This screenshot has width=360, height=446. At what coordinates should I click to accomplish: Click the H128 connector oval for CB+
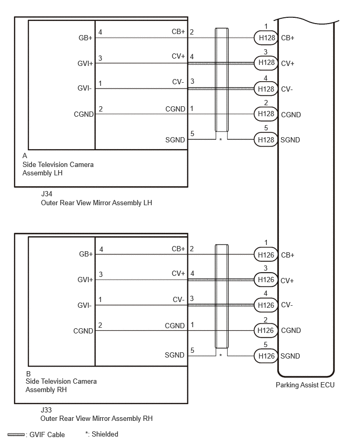pos(266,38)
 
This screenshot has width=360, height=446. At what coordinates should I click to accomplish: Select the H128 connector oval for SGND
pos(266,140)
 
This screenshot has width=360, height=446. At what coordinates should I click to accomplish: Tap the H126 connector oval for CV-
pos(266,305)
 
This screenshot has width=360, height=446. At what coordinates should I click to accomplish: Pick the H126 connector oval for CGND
pos(266,330)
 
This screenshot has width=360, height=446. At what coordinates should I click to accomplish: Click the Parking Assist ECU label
pos(305,385)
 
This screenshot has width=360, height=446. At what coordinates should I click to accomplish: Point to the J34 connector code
pos(47,194)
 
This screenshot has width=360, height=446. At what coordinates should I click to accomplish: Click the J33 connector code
pos(46,410)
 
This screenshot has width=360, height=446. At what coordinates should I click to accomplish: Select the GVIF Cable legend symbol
pos(16,434)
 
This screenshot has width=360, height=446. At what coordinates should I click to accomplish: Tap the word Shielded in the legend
pos(105,434)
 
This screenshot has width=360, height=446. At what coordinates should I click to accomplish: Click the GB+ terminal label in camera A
pos(85,38)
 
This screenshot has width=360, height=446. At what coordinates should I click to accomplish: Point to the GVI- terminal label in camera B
pos(84,305)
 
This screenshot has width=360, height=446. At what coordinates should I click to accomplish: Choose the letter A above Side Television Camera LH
pos(25,155)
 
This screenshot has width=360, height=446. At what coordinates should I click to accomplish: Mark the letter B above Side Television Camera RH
pos(28,374)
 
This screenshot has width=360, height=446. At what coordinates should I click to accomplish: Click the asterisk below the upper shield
pos(221,140)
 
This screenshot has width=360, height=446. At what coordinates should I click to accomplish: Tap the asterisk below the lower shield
pos(221,355)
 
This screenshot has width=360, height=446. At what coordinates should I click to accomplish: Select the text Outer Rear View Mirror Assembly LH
pos(96,203)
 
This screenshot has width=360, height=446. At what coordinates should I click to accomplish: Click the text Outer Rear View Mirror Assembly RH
pos(96,418)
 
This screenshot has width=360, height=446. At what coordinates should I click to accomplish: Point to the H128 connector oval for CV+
pos(266,63)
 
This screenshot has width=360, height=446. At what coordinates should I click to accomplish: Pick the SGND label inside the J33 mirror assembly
pos(175,355)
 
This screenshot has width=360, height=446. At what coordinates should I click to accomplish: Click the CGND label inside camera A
pos(84,114)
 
